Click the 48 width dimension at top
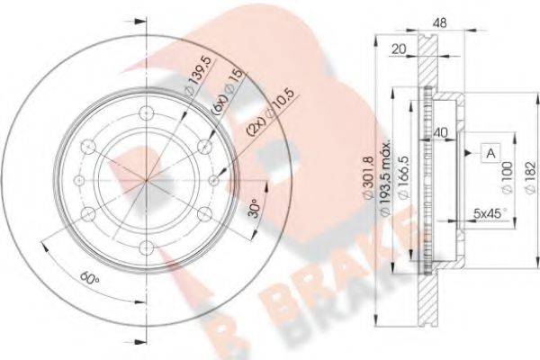(x=439, y=22)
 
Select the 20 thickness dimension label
(x=399, y=49)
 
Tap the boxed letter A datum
(x=490, y=153)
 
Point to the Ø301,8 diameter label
(x=368, y=177)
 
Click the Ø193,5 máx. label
(x=385, y=177)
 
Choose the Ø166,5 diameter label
(x=403, y=177)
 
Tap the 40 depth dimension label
(x=440, y=132)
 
